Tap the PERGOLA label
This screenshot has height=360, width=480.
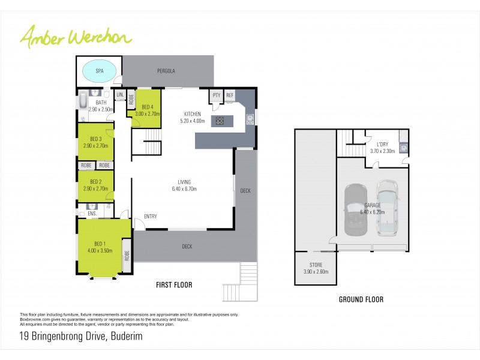[166, 71]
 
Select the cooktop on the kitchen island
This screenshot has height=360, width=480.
[220, 121]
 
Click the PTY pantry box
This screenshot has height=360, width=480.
[216, 95]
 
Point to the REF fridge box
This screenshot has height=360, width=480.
[230, 95]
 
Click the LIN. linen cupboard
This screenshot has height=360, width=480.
[119, 95]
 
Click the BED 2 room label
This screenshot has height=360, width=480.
[95, 182]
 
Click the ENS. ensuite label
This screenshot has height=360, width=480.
[92, 213]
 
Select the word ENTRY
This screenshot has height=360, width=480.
[151, 217]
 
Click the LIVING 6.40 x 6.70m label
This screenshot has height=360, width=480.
[184, 185]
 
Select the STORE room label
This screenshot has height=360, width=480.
[316, 265]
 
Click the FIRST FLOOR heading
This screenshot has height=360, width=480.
[174, 285]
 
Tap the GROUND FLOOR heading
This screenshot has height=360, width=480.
[361, 299]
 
